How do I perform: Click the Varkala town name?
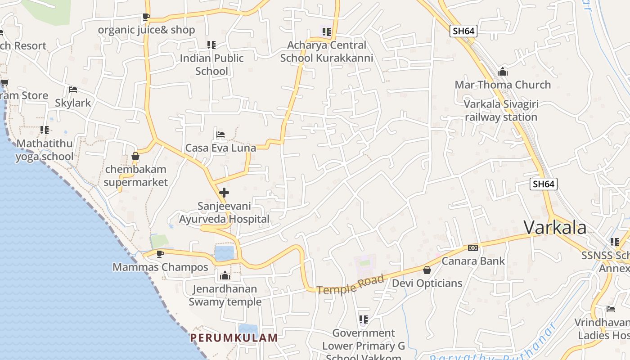(555, 227)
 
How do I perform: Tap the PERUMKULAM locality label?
(234, 337)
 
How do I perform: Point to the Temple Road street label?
(351, 285)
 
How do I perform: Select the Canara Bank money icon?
(472, 248)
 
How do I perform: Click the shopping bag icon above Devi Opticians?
(427, 270)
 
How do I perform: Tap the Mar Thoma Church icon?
(503, 72)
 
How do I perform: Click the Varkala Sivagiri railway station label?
(501, 111)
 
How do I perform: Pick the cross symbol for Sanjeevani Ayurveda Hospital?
(224, 193)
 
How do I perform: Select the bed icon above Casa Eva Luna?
(220, 135)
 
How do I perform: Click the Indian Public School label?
(211, 64)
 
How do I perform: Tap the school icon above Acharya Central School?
(326, 32)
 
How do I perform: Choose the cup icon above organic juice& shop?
(146, 17)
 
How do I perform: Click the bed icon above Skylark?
(73, 90)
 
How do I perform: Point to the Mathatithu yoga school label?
(45, 150)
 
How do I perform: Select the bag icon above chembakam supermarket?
(135, 157)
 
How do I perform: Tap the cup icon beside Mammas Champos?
(160, 254)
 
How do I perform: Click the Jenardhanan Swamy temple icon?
(225, 275)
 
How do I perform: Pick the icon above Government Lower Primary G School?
(363, 320)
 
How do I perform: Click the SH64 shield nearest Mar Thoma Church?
(463, 31)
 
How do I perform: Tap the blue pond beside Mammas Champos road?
(224, 253)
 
